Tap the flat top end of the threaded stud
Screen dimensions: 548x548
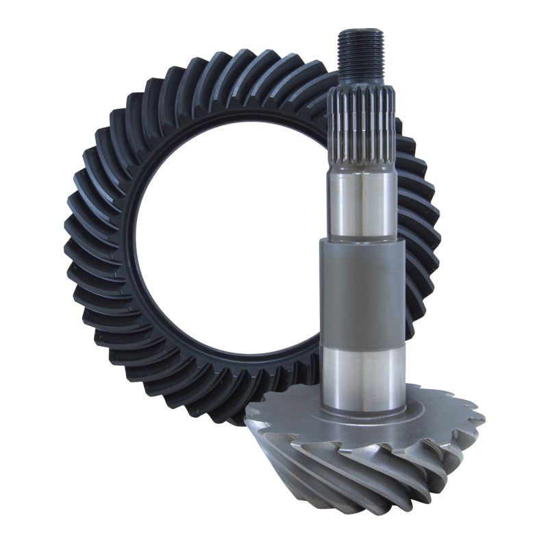tap(360, 32)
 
